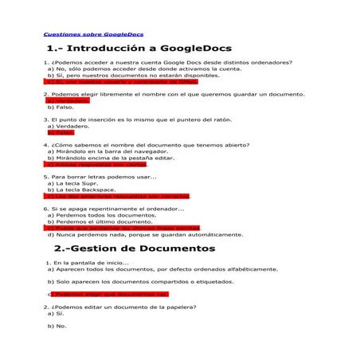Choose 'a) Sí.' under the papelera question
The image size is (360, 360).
pyautogui.click(x=55, y=314)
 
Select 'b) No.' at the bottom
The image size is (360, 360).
pyautogui.click(x=57, y=326)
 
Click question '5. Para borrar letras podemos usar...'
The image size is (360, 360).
pyautogui.click(x=100, y=177)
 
